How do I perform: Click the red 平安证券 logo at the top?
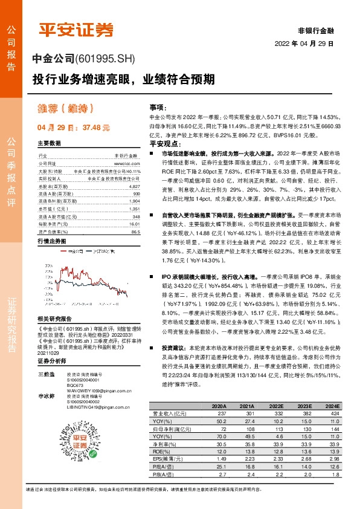coord(77,28)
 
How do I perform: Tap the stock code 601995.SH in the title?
coord(106,59)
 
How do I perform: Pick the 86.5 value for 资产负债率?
coord(135,231)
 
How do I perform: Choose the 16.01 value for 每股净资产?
coord(135,224)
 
